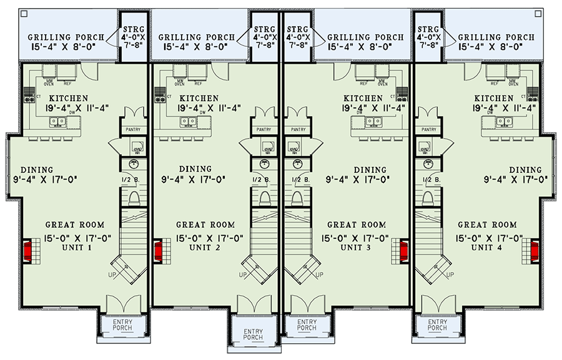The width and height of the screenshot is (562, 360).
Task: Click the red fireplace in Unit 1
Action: pyautogui.click(x=28, y=251)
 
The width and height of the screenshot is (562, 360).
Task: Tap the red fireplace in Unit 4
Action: pyautogui.click(x=535, y=251)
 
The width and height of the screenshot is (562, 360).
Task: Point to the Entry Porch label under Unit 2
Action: pyautogui.click(x=240, y=334)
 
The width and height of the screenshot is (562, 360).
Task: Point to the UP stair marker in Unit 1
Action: pyautogui.click(x=112, y=273)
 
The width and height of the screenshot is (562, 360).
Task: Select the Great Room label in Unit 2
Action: pyautogui.click(x=205, y=225)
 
